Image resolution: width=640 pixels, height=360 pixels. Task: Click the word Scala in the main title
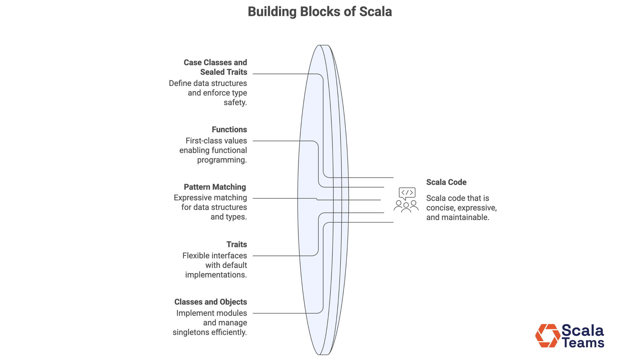coord(375,12)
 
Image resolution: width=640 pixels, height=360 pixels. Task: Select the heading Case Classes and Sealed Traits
coord(215,67)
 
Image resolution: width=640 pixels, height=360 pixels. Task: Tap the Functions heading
coord(229,130)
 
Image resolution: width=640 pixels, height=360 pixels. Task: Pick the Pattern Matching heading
coord(215,187)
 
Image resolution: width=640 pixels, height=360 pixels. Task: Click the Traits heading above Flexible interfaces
coord(237,244)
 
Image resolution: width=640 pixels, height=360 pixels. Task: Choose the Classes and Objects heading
coord(210,302)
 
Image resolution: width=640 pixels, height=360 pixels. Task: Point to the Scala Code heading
coord(446,182)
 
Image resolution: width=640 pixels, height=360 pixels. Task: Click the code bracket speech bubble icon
coord(407,193)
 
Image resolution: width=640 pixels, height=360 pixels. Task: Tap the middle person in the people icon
coord(406,207)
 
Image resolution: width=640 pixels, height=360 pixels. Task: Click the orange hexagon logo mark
coord(547,336)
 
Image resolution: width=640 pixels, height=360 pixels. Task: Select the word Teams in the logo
coord(583,343)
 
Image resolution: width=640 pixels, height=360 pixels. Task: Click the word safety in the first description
coord(235,103)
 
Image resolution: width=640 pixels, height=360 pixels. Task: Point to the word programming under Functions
coord(221,160)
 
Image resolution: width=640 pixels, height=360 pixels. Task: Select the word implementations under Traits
coord(216,275)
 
